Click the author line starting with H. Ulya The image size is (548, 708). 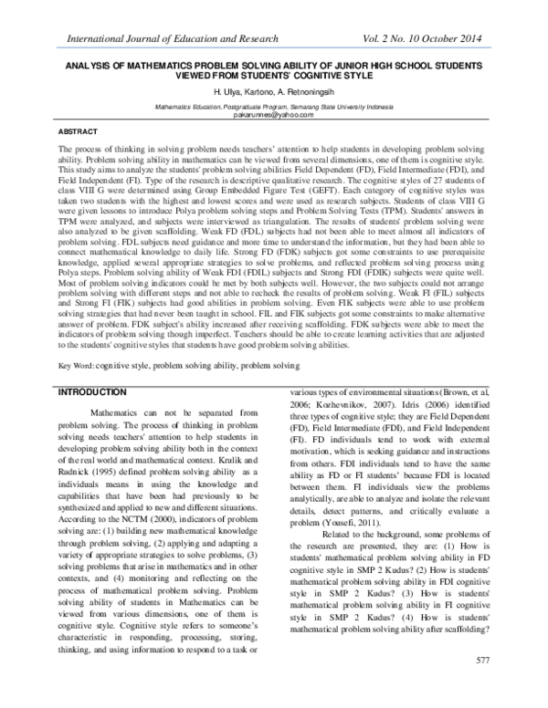click(273, 94)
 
